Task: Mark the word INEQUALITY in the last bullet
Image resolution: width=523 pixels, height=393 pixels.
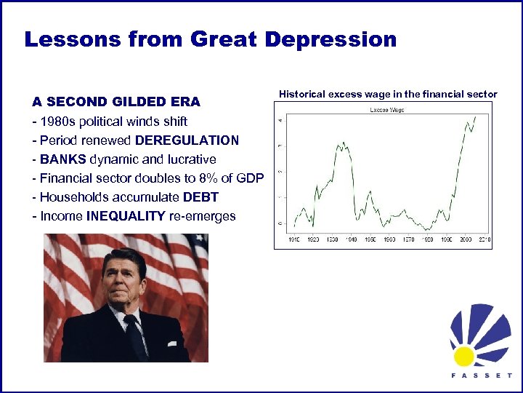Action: coord(126,216)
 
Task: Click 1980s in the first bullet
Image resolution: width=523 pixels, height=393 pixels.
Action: coord(56,121)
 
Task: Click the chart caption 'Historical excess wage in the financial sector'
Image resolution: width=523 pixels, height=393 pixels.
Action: coord(388,94)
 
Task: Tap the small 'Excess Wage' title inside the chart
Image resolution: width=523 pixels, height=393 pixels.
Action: coord(387,110)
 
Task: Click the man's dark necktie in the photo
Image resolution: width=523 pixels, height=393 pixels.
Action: coord(135,338)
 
